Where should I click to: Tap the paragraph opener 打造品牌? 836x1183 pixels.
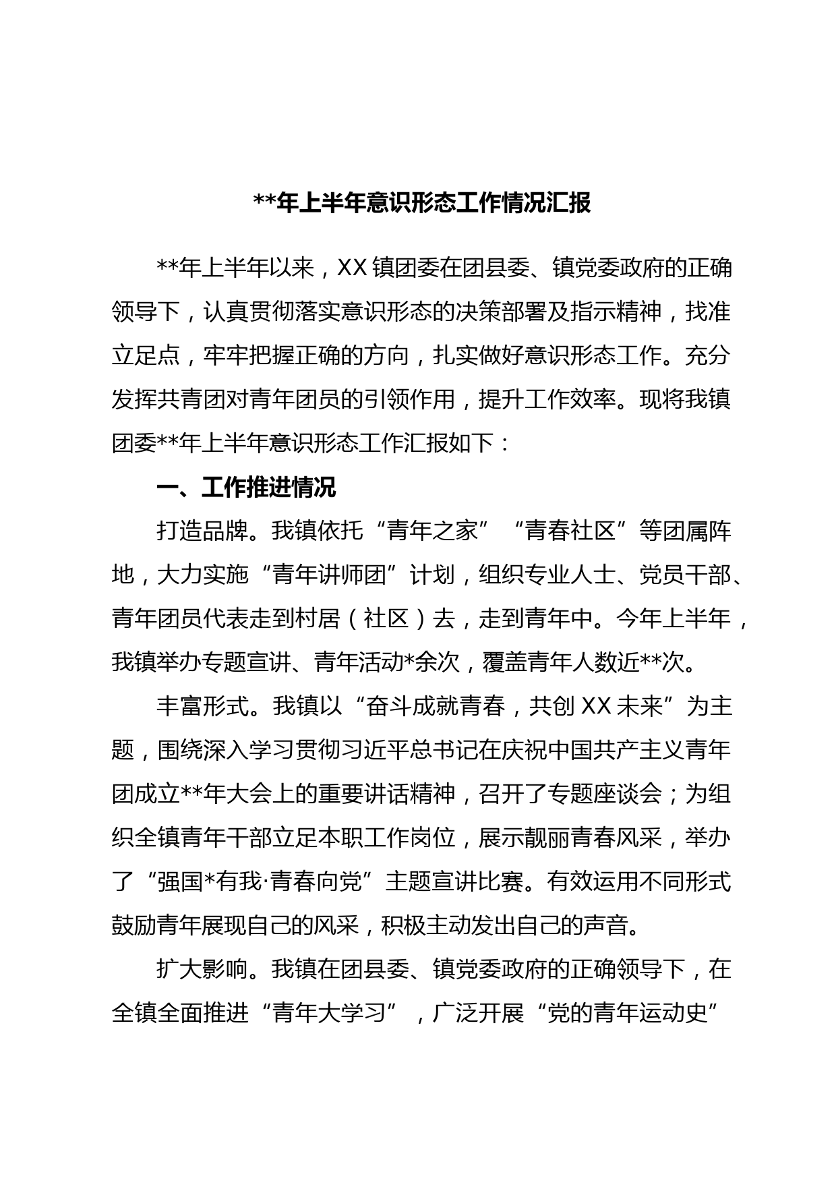[202, 531]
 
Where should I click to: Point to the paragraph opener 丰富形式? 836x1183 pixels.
[202, 706]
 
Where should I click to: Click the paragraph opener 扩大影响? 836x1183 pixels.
[202, 969]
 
